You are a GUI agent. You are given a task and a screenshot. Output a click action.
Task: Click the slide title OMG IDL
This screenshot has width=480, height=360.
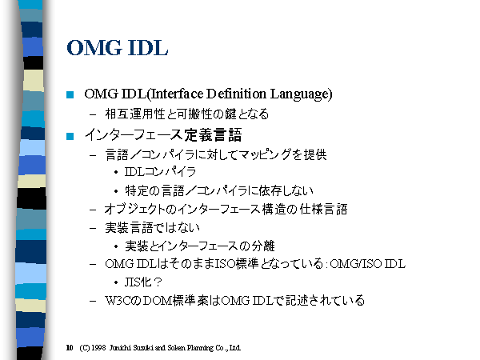click(x=118, y=48)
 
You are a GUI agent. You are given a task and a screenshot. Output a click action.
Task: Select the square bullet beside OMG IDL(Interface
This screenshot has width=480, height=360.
click(x=70, y=94)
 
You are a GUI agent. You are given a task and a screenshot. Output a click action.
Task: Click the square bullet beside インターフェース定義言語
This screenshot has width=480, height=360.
click(x=70, y=136)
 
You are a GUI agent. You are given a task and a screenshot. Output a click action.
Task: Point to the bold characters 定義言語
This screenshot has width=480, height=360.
click(x=213, y=135)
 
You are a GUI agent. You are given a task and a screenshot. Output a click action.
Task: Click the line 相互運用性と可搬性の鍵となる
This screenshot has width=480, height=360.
click(x=187, y=114)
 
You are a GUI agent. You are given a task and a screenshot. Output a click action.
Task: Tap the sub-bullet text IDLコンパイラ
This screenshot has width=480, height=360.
click(x=160, y=172)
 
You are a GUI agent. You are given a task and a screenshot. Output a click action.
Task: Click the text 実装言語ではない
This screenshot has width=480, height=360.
click(x=153, y=227)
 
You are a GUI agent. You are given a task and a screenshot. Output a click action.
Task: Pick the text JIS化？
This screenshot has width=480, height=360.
click(x=143, y=282)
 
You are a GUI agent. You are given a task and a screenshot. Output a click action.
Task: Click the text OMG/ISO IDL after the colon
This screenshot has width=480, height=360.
click(x=368, y=263)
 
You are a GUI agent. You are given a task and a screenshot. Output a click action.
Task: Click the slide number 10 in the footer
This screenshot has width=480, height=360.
click(x=70, y=348)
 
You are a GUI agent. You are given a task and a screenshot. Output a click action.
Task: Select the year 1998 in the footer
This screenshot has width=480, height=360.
click(x=98, y=348)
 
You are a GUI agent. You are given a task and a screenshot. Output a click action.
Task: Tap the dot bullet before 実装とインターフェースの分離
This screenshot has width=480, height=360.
click(x=116, y=246)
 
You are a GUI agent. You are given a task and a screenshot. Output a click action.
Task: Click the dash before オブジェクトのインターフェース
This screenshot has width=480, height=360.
click(x=93, y=210)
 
